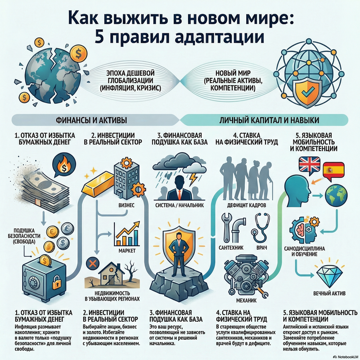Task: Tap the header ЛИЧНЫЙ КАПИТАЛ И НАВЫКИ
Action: tap(270, 120)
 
